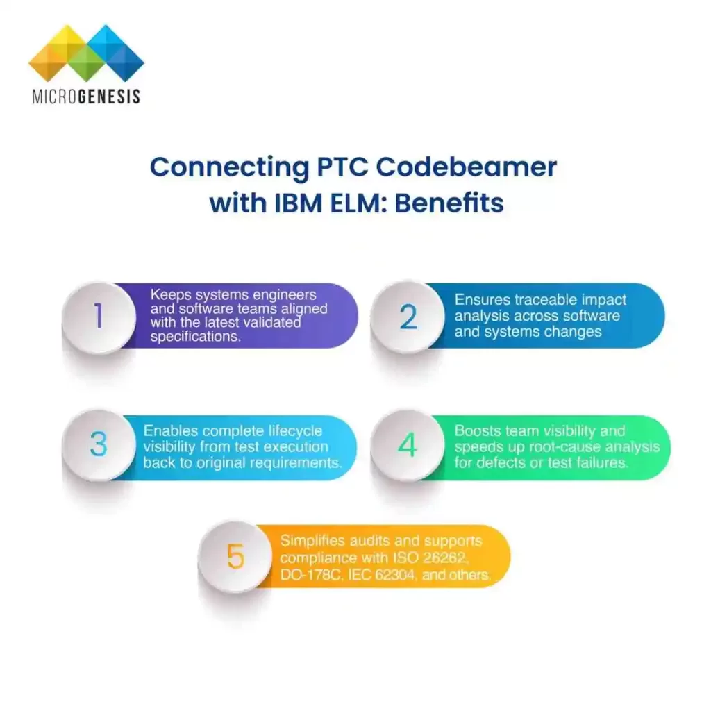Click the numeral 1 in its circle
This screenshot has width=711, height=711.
pos(99,317)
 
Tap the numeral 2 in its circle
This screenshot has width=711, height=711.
pos(408,317)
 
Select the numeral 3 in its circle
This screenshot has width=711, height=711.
pos(99,445)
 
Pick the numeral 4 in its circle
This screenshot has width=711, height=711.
pos(408,445)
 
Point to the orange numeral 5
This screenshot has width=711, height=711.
pos(235,557)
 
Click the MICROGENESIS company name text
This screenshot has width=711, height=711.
pos(86,96)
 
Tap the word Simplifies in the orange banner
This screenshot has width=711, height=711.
pos(316,542)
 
